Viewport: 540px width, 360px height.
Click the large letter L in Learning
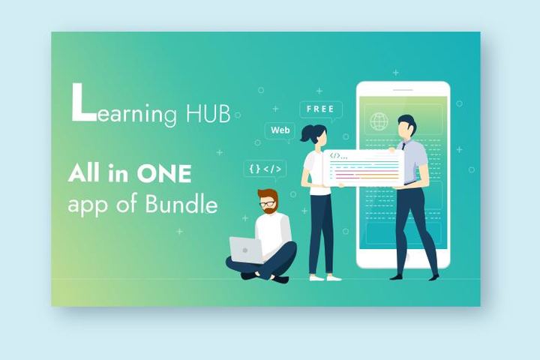click(82, 103)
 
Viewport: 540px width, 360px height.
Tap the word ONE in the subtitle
click(163, 175)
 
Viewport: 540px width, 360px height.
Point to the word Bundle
click(187, 204)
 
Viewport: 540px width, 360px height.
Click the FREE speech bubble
click(320, 109)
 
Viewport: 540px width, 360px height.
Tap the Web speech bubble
click(280, 130)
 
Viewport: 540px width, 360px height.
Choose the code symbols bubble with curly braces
click(264, 169)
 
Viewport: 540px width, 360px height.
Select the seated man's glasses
click(267, 204)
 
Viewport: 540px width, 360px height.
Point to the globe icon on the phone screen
click(379, 121)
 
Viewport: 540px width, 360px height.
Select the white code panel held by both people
click(364, 169)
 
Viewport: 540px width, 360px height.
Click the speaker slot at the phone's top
click(403, 90)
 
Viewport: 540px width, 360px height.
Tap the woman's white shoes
click(325, 277)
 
